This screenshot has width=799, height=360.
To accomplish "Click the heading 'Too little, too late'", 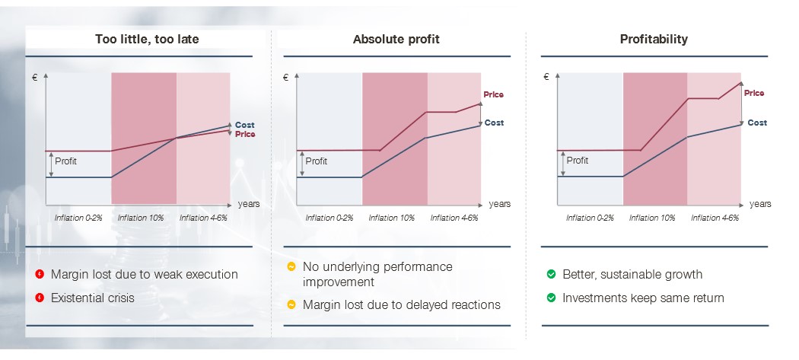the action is (147, 40).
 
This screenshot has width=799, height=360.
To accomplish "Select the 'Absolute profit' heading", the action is (396, 40).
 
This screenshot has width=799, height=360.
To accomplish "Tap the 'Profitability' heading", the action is (654, 40).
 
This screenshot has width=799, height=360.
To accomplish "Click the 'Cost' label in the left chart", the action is (244, 125).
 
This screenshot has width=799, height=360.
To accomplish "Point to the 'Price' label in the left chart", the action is (245, 134).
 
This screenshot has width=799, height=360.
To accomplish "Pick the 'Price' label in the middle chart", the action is (493, 94).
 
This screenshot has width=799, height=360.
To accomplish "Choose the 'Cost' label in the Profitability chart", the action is (757, 123).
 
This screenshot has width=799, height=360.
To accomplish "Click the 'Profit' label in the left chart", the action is (65, 161).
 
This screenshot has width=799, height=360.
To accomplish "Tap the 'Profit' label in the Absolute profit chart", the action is (317, 161).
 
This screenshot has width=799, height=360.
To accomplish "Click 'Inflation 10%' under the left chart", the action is (141, 218).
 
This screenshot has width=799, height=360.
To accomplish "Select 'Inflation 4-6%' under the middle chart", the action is (454, 218).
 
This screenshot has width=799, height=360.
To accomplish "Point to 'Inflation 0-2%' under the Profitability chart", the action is (590, 218).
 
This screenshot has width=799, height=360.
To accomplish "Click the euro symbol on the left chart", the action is (35, 78).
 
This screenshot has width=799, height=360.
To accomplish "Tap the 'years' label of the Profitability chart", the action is (760, 204).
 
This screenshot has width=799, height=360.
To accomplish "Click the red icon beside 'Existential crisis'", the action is (40, 298).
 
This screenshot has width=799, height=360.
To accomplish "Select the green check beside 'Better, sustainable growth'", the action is (551, 274).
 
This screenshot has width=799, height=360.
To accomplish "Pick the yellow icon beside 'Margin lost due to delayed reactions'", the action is (291, 305).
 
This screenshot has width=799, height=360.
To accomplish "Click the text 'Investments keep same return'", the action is (643, 298).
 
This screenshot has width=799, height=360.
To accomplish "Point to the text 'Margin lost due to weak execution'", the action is (145, 274).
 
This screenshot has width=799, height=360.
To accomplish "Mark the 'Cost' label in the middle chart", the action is (494, 123).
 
